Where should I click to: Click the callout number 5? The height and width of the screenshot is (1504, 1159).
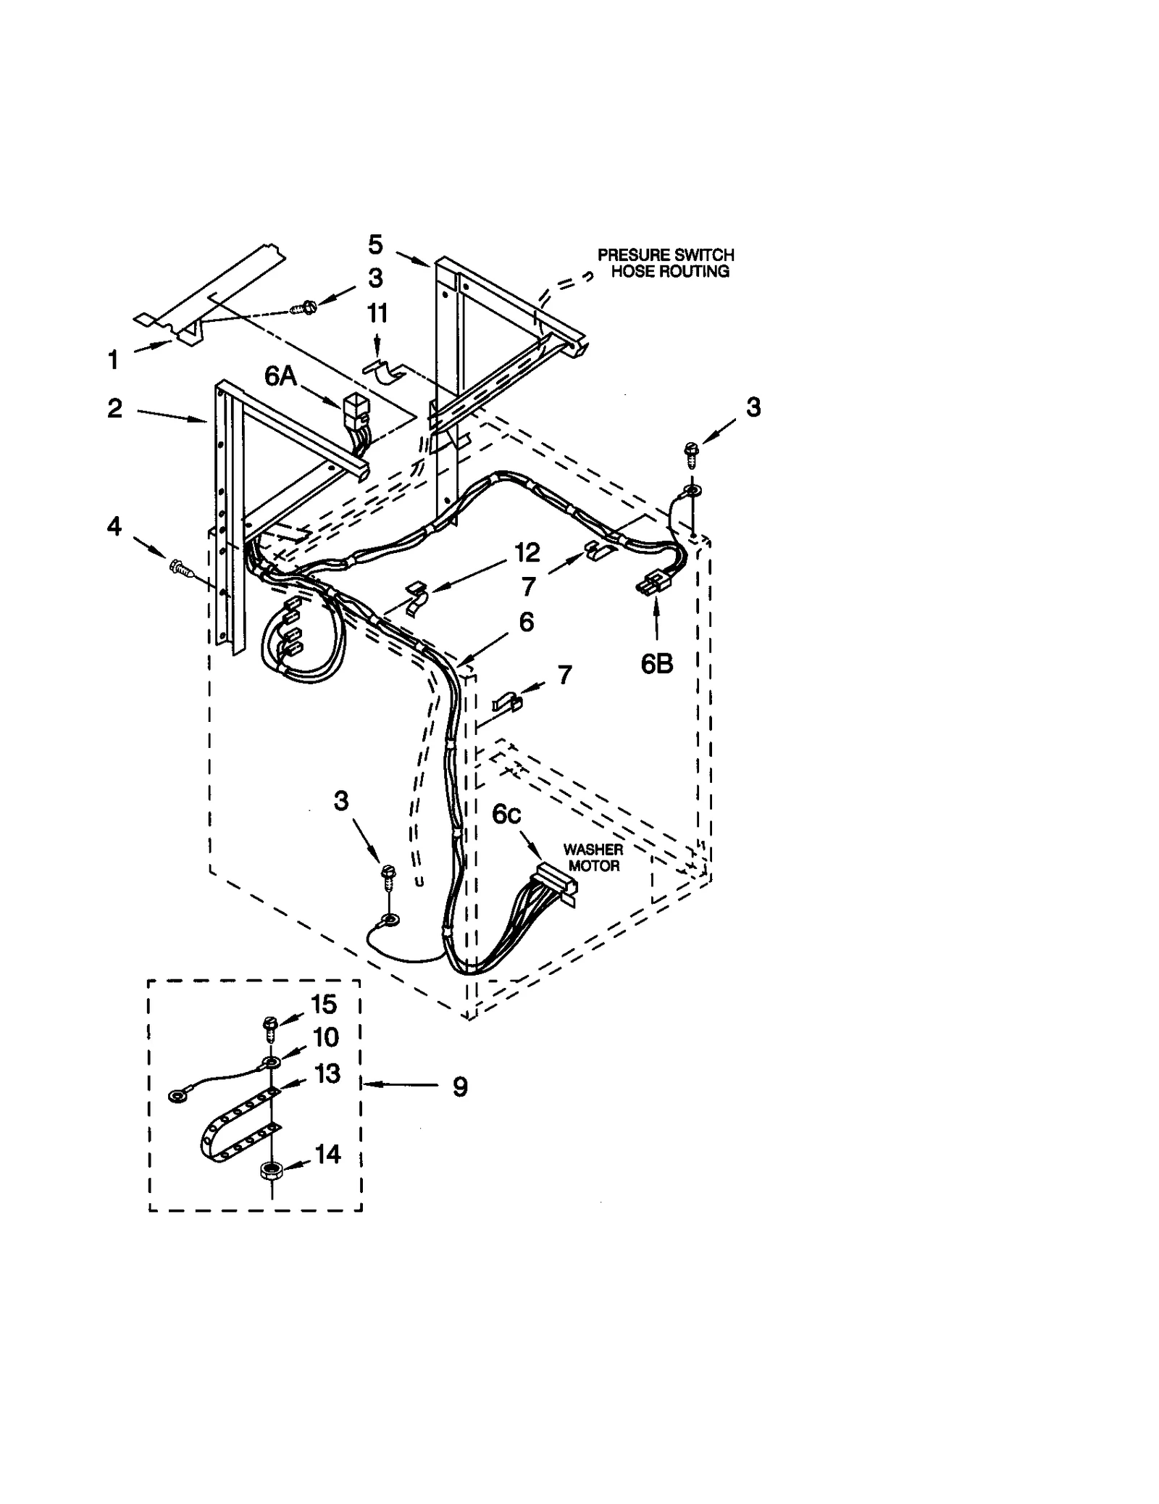tap(375, 245)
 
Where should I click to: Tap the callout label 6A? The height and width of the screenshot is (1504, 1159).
tap(281, 376)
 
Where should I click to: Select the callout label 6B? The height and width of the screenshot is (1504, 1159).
tap(656, 663)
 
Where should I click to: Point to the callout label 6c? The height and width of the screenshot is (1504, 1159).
tap(506, 814)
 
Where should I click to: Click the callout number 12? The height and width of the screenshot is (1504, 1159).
tap(527, 553)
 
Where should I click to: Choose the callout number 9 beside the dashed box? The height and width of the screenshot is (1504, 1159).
tap(460, 1087)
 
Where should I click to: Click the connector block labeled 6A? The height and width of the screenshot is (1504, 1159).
tap(354, 410)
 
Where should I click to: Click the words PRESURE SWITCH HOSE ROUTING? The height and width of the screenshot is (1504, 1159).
tap(665, 263)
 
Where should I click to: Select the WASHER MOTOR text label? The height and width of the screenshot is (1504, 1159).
tap(593, 857)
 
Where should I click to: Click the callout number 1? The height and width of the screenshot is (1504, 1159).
tap(113, 359)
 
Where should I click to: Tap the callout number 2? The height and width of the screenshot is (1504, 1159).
tap(114, 409)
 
